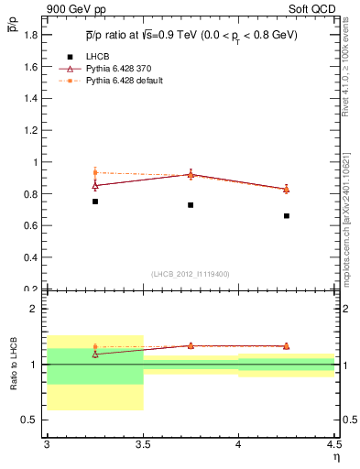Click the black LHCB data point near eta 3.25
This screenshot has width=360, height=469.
pyautogui.click(x=95, y=202)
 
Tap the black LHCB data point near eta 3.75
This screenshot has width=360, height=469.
pyautogui.click(x=191, y=205)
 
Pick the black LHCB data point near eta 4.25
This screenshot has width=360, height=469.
pyautogui.click(x=287, y=216)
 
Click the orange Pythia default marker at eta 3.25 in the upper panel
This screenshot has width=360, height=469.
pyautogui.click(x=95, y=172)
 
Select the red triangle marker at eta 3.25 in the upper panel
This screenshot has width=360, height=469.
pyautogui.click(x=95, y=185)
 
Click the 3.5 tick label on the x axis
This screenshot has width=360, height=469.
pyautogui.click(x=142, y=444)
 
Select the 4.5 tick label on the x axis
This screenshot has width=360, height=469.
pyautogui.click(x=333, y=444)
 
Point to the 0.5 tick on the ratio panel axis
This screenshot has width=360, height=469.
pyautogui.click(x=31, y=420)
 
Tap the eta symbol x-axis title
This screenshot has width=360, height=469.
pyautogui.click(x=335, y=456)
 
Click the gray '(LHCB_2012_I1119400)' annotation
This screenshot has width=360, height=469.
pyautogui.click(x=191, y=274)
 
